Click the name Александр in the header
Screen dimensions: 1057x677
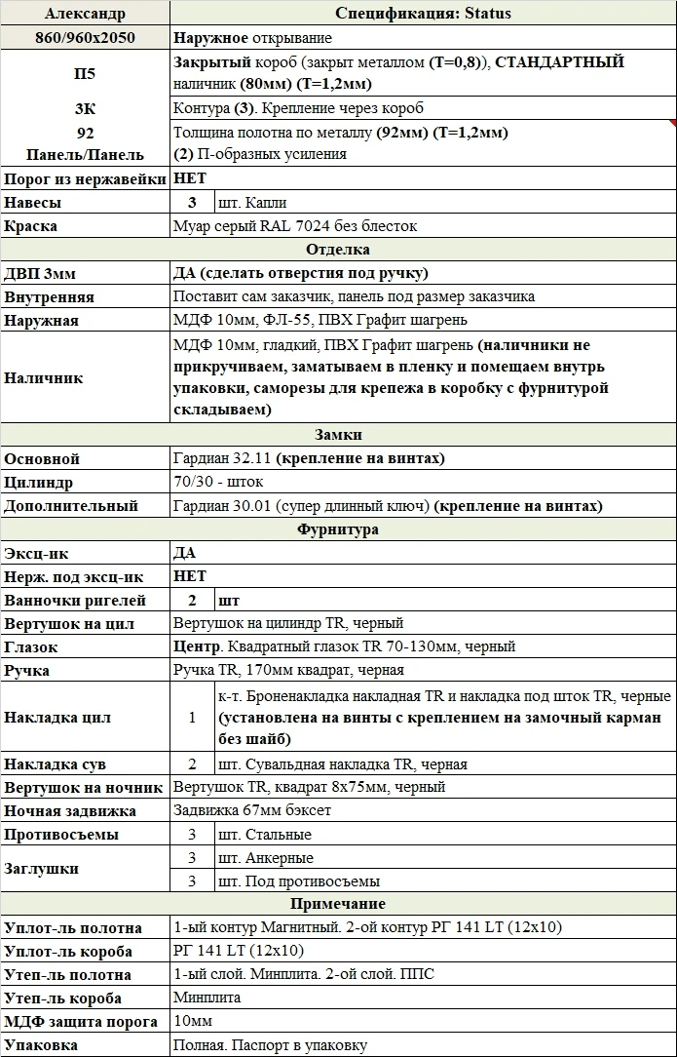[84, 14]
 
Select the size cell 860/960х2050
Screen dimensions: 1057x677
[84, 38]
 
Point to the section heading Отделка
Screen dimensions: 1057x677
[338, 250]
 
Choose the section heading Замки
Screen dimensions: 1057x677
[338, 435]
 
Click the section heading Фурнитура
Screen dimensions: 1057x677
[338, 529]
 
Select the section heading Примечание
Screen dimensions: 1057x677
[338, 904]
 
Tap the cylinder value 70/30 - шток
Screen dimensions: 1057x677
[218, 483]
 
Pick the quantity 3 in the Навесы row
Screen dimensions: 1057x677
[192, 203]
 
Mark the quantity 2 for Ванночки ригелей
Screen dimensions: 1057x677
[192, 600]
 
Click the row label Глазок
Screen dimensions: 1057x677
[31, 646]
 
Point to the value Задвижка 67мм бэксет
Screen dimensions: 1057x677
[251, 811]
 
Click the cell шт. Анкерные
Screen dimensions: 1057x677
[266, 858]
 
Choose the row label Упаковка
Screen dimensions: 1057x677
[41, 1045]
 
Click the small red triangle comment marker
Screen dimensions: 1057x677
[672, 124]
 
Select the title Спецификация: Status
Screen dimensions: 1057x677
[423, 14]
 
